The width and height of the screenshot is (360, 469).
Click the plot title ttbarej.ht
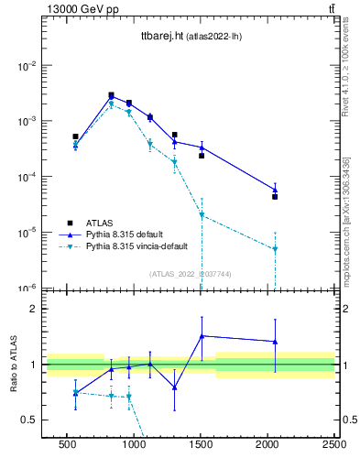point(160,37)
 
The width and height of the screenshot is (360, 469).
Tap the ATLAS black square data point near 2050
point(274,197)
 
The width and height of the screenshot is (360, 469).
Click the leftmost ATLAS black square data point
point(75,136)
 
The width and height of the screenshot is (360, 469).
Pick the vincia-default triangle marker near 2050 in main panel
point(274,249)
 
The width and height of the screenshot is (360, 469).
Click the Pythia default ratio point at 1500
point(202,336)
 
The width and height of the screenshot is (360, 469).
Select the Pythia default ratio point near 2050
point(274,342)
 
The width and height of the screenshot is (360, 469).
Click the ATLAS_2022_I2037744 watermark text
point(191,273)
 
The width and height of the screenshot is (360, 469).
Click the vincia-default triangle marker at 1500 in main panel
point(202,216)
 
